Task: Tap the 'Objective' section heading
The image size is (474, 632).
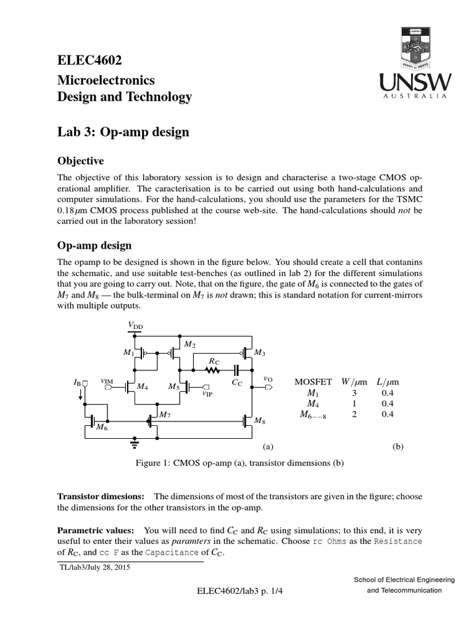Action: pyautogui.click(x=80, y=161)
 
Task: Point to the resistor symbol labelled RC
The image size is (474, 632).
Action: pyautogui.click(x=212, y=370)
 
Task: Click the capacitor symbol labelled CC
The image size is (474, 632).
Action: pyautogui.click(x=237, y=370)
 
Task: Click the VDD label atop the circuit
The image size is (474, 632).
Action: pyautogui.click(x=135, y=325)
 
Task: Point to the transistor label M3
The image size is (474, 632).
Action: pyautogui.click(x=260, y=353)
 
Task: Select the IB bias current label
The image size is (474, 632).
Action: pyautogui.click(x=77, y=383)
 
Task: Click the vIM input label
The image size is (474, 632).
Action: pyautogui.click(x=107, y=382)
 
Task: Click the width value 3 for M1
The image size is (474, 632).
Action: pyautogui.click(x=354, y=392)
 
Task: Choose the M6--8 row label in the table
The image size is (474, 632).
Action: pyautogui.click(x=313, y=415)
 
